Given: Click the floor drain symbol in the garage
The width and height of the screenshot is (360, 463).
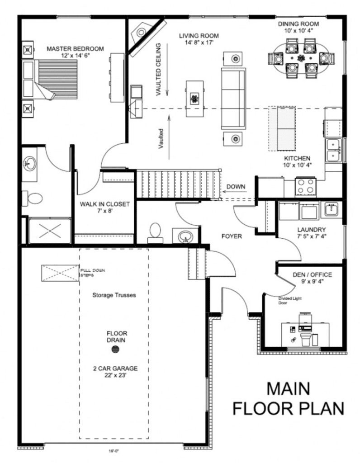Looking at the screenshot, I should tap(116, 349).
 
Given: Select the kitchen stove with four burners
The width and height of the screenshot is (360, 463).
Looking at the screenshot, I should tap(305, 186).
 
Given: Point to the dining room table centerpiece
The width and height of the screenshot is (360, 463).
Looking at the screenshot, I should tap(302, 58).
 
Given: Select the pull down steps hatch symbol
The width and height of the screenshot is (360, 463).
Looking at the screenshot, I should tap(61, 273).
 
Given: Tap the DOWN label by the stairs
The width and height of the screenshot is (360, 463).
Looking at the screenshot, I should tap(236, 186).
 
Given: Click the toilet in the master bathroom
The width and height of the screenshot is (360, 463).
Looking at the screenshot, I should tap(33, 198).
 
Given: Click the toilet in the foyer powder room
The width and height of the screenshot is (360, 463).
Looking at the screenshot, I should tap(155, 231).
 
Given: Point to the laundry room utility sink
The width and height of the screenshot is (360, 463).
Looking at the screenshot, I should tap(332, 209).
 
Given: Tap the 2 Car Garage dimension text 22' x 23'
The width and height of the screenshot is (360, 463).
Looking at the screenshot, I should tap(116, 375).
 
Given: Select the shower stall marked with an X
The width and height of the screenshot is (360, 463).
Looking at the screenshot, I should tap(49, 231).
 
